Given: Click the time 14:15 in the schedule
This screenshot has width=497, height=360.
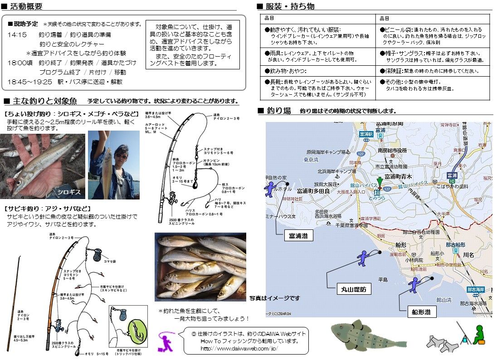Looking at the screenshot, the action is point(17,34).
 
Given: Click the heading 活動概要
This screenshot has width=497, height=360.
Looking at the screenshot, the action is point(26,6).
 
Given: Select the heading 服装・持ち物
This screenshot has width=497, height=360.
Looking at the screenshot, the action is point(290,6).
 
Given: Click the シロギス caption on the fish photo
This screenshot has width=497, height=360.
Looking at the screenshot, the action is point(68,192).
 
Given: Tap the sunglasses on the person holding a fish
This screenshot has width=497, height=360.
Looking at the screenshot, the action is point(121,156).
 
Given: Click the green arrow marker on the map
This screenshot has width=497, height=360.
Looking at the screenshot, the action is point(380,182).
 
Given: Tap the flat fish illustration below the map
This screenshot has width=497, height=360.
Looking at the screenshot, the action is point(368,336).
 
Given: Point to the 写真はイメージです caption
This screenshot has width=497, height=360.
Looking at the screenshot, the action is point(274,298).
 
